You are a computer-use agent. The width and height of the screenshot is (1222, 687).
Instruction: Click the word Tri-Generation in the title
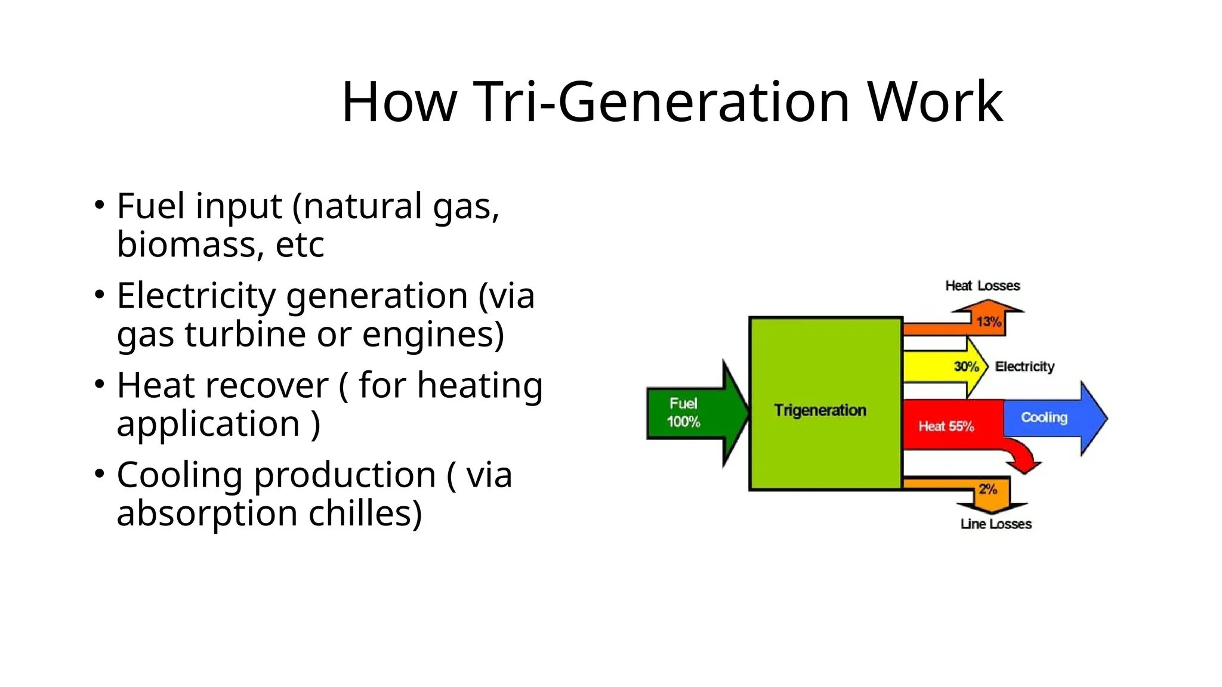pos(663,103)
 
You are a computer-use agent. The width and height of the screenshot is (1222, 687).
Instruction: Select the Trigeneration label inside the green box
pos(820,410)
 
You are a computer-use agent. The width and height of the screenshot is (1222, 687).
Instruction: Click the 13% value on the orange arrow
pos(988,322)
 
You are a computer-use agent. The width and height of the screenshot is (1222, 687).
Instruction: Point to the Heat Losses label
pos(982,286)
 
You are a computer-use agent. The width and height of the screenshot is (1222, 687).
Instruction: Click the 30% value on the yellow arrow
pos(966,367)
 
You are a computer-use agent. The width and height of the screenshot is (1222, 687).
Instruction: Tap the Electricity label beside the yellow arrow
pos(1024,367)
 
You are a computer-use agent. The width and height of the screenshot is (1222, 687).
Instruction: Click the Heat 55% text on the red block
pos(946,426)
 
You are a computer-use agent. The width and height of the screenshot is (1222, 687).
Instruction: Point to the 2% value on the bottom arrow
pos(988,490)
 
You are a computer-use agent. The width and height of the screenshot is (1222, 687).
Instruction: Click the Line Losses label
pos(996,524)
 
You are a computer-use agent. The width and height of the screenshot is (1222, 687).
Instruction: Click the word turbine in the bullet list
pos(245,334)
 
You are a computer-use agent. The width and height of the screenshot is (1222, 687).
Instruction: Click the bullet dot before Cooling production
pos(100,474)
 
